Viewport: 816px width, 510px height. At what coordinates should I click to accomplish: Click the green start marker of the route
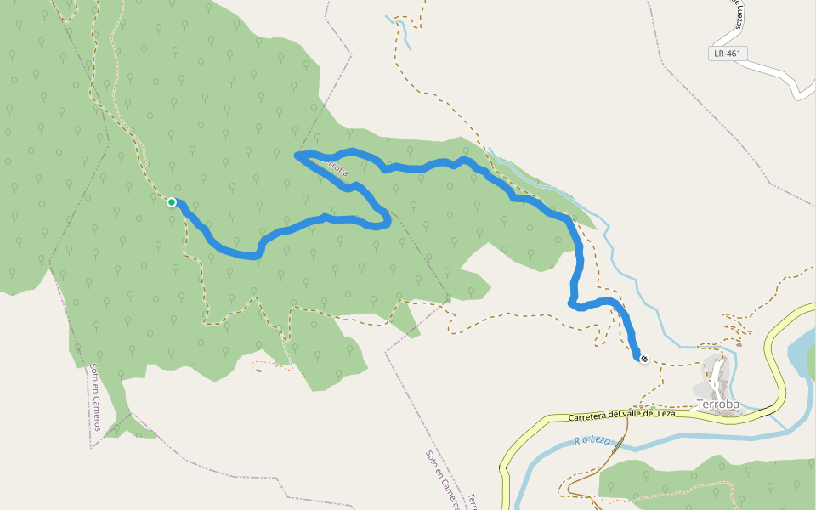pos(172,202)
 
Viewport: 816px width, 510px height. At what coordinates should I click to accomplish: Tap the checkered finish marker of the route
pos(643,359)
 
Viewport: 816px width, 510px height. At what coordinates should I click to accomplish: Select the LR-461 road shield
pos(728,54)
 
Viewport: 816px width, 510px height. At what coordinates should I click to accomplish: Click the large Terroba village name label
pos(717,405)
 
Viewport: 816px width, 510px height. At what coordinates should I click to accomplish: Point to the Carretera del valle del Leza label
pos(621,416)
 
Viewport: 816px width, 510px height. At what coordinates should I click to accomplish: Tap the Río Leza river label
pos(593,441)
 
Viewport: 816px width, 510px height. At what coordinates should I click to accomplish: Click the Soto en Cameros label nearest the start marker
pos(95,397)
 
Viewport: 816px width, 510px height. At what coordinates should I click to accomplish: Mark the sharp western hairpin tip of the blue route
pos(297,155)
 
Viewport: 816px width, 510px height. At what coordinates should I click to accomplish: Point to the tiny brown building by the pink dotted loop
pos(258,370)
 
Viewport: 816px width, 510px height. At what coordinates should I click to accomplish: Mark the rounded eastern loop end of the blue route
pos(387,219)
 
